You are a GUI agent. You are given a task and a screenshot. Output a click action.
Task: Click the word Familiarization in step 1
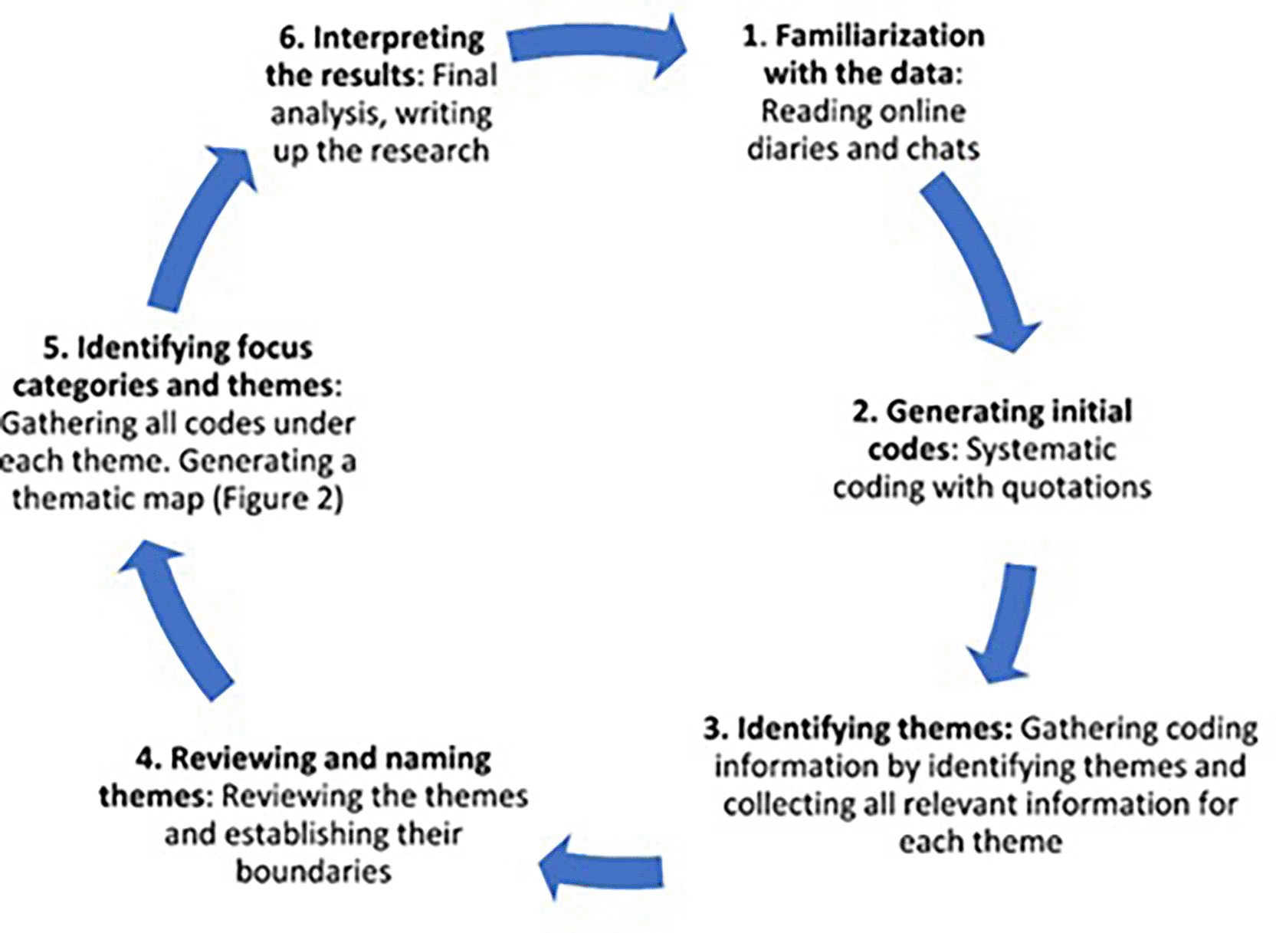[x=880, y=36]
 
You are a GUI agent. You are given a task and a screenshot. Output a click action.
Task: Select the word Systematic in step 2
[x=1040, y=449]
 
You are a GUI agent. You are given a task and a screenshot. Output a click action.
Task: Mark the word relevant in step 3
[x=961, y=804]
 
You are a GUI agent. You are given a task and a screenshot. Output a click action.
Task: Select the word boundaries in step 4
[x=313, y=872]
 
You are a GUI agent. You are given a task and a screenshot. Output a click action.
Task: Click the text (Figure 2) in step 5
[x=278, y=499]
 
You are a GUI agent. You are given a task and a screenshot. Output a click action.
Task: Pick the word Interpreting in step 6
[x=399, y=38]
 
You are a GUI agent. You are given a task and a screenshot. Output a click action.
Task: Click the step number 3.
[x=714, y=728]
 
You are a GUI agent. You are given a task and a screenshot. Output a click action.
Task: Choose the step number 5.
[x=54, y=348]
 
